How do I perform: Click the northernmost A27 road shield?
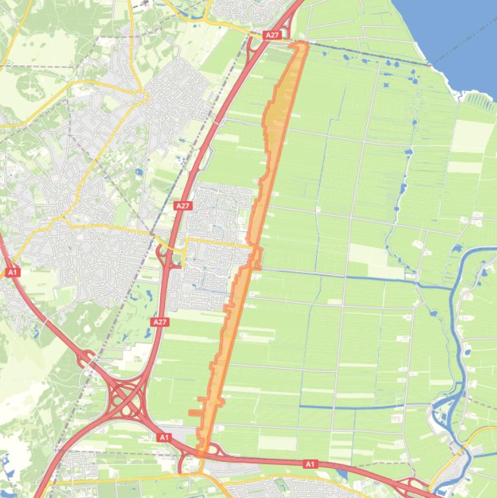click(x=273, y=35)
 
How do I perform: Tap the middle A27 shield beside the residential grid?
click(x=183, y=206)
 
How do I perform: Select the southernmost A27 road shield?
click(x=160, y=321)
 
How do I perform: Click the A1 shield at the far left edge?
click(x=12, y=272)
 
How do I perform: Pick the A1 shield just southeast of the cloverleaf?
click(x=164, y=438)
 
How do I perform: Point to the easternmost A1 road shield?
click(x=310, y=464)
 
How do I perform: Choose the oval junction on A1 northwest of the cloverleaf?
click(x=87, y=357)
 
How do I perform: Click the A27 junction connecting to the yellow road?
click(x=164, y=255)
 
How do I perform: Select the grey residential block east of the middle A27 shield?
click(x=220, y=207)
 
